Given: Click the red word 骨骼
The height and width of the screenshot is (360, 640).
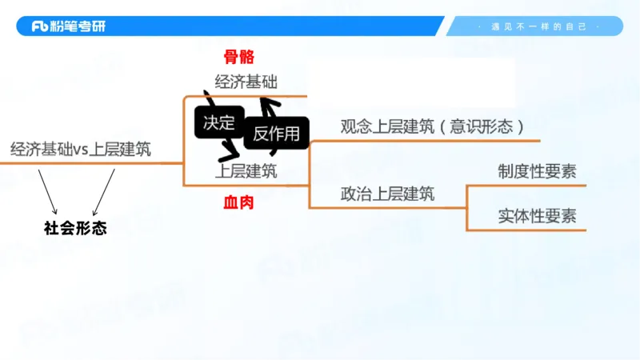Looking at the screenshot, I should [x=238, y=57].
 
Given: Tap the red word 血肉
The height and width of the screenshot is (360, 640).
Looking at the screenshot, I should [x=238, y=203].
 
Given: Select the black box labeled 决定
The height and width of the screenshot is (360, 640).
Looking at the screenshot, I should [x=218, y=122].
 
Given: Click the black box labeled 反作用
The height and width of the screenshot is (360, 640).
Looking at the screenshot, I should [x=276, y=134].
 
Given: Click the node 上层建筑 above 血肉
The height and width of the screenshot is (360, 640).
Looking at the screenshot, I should [x=246, y=171].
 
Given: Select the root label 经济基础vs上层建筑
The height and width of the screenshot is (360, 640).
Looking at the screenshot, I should [x=81, y=149].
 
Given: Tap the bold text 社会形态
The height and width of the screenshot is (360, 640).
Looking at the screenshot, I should [x=75, y=228].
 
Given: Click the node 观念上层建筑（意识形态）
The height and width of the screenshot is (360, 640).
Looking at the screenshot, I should [x=432, y=126].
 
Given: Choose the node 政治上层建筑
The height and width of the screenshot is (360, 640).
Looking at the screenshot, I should [x=387, y=193].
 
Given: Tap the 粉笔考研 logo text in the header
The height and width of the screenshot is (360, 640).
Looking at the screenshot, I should [x=79, y=26].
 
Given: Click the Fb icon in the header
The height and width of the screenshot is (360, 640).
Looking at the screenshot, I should [x=42, y=26].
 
